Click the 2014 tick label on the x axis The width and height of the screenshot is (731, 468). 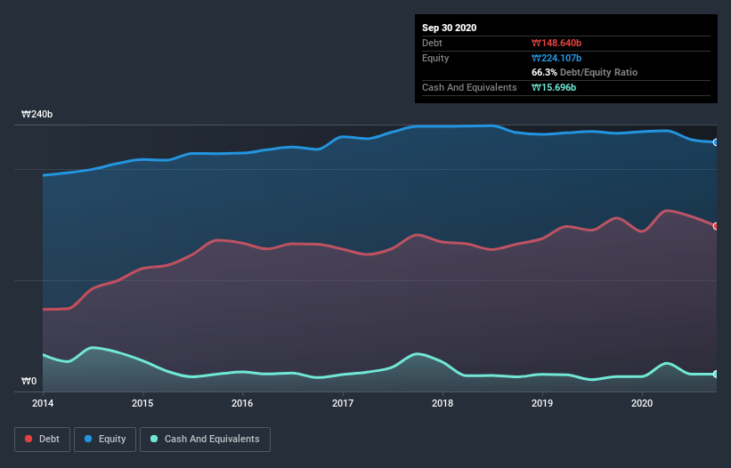point(43,403)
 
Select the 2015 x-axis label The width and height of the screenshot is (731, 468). point(142,403)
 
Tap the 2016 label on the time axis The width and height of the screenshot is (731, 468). point(242,403)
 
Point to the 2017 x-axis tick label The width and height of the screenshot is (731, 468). point(343,403)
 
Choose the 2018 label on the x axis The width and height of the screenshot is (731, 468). point(443,403)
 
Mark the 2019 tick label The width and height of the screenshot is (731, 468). point(542,403)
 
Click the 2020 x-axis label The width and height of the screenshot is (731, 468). point(642,403)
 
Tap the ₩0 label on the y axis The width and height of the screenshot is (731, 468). point(29,382)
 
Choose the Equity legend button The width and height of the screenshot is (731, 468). point(105,439)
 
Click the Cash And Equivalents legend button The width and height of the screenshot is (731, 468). point(205,439)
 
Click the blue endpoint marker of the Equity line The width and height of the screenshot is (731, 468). point(715,142)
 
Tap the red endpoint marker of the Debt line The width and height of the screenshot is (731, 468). point(715,226)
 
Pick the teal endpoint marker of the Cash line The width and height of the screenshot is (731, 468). point(715,375)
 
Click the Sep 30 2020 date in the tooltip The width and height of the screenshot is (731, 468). point(450,28)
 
